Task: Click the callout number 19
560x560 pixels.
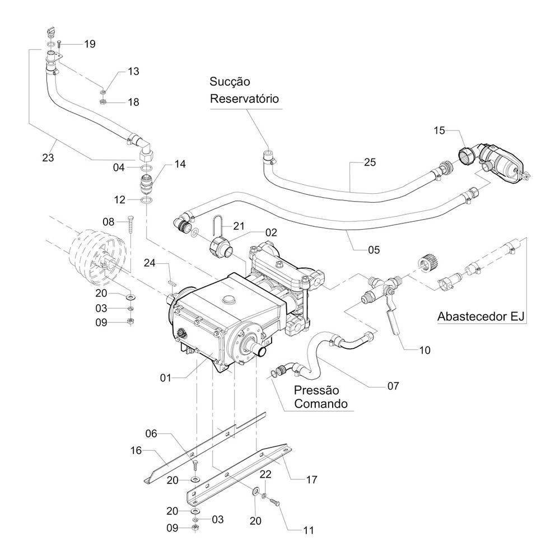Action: (x=90, y=44)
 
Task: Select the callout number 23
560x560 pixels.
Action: (x=48, y=157)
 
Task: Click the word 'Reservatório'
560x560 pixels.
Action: (x=244, y=99)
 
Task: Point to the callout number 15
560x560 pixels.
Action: (x=439, y=130)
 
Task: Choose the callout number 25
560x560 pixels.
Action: (x=370, y=162)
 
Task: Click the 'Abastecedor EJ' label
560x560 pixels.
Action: (x=480, y=316)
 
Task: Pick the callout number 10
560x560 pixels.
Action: (x=424, y=351)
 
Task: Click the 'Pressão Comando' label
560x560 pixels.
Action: (x=321, y=397)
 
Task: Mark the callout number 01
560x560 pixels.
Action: (x=166, y=378)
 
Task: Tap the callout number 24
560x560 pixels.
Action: (x=150, y=263)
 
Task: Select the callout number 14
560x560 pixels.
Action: (x=180, y=164)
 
